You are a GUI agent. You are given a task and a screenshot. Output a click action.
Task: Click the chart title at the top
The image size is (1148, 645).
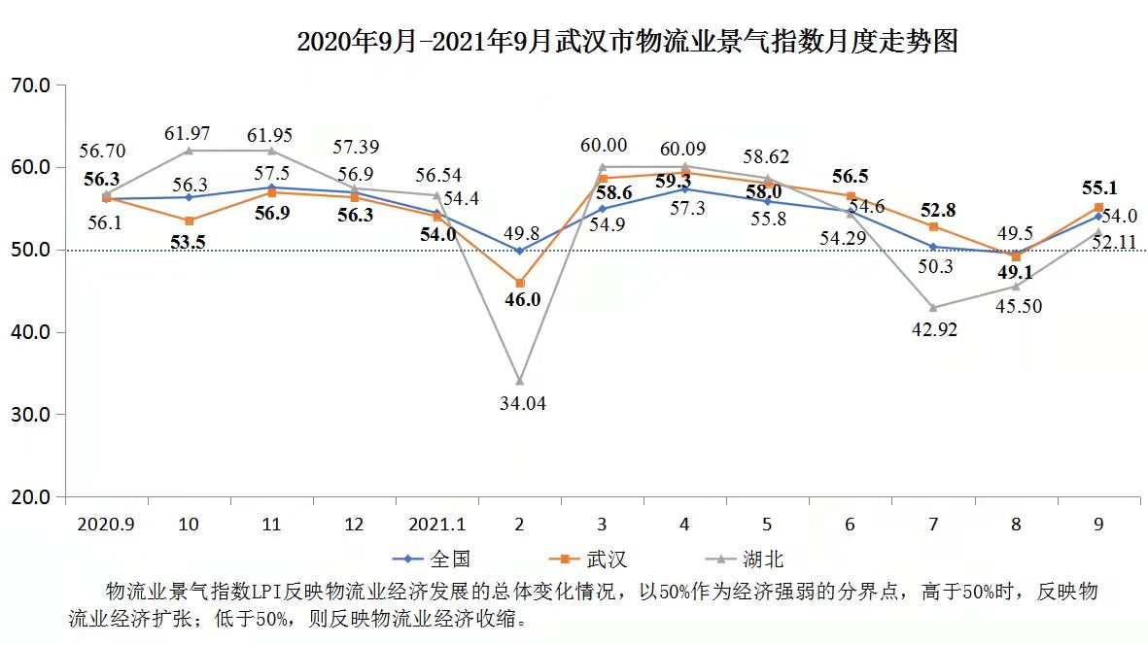coord(627,42)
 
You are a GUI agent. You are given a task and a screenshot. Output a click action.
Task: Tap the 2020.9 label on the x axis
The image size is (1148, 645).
coord(106,525)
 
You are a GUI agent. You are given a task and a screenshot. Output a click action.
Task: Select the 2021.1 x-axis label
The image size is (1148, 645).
coord(436,525)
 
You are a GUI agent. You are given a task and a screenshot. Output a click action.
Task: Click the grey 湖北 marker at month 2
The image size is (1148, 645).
coord(519,381)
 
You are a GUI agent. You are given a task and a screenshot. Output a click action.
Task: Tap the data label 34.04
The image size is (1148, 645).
coord(522,403)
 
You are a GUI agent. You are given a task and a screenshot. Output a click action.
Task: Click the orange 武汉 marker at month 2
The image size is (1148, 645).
coord(519,283)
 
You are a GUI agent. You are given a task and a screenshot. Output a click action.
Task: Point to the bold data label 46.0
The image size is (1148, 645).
coord(522,300)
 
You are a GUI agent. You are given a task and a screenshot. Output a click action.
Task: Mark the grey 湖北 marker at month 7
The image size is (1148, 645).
coord(933,308)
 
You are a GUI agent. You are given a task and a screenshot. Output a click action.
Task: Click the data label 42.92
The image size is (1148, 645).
coord(933,330)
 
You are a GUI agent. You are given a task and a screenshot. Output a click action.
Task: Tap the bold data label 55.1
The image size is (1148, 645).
coord(1096,187)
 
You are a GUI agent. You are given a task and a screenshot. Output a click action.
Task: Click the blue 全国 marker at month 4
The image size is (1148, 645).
coord(684,189)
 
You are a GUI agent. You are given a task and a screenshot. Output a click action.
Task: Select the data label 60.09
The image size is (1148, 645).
coord(685,149)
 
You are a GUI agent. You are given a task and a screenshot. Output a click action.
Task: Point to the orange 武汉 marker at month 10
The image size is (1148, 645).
coord(189,221)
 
